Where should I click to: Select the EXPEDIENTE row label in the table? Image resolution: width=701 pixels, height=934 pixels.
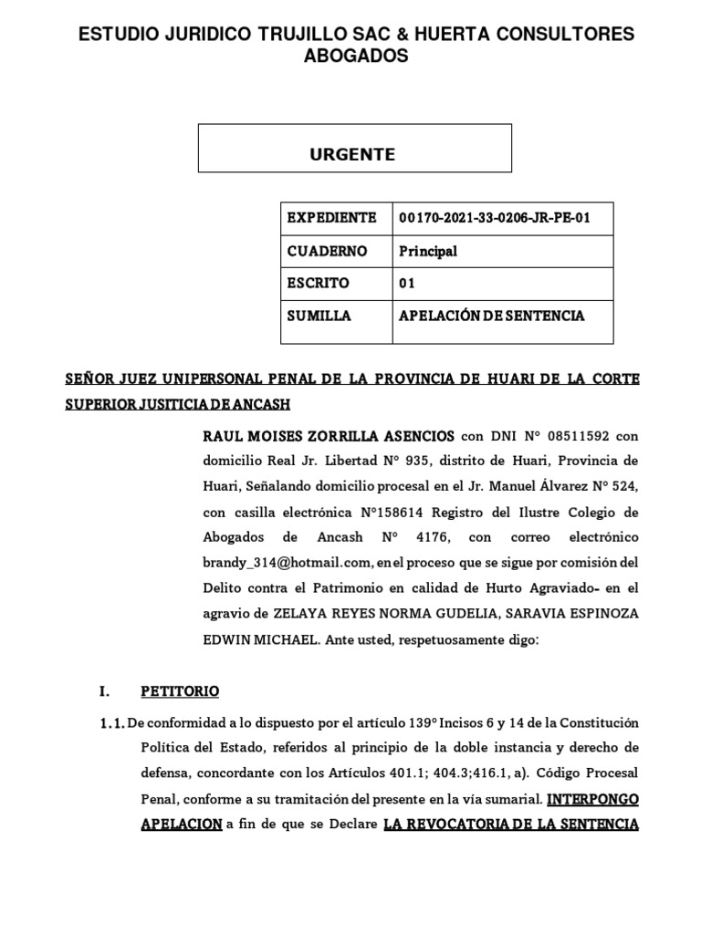click(x=331, y=218)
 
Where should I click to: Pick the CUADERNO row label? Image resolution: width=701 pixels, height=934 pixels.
click(x=327, y=251)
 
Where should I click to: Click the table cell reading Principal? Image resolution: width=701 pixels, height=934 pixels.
click(x=428, y=251)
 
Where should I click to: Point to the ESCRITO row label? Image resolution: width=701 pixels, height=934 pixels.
click(x=318, y=283)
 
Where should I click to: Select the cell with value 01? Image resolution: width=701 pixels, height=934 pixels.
click(x=407, y=283)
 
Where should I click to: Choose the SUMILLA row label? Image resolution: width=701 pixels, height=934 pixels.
click(x=319, y=316)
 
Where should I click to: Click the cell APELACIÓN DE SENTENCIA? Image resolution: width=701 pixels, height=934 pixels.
click(x=491, y=316)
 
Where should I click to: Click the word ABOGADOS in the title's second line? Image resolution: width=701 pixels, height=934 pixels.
click(x=356, y=57)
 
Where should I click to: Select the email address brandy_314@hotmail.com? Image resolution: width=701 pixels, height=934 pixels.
click(x=286, y=562)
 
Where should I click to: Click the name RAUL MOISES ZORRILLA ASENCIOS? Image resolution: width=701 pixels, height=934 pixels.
click(x=329, y=436)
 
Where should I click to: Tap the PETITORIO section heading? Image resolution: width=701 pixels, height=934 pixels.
click(x=180, y=691)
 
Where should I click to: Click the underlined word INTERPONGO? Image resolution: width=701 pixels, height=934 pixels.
click(x=593, y=799)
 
